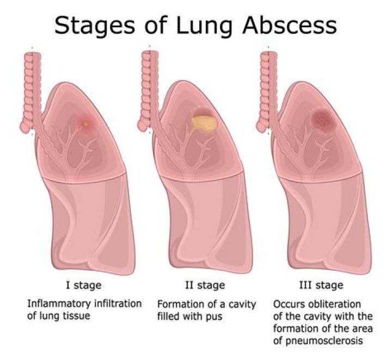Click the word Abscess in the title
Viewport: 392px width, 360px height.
pyautogui.click(x=290, y=26)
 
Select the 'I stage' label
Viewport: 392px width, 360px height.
pyautogui.click(x=84, y=285)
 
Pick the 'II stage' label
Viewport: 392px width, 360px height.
pyautogui.click(x=205, y=285)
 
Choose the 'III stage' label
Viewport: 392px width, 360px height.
pyautogui.click(x=321, y=285)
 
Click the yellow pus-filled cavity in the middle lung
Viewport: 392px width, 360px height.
pyautogui.click(x=205, y=124)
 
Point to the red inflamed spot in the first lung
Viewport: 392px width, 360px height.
pyautogui.click(x=86, y=123)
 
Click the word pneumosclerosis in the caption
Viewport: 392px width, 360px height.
pyautogui.click(x=318, y=340)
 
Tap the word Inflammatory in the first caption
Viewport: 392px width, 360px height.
pyautogui.click(x=59, y=304)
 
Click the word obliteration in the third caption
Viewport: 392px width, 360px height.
pyautogui.click(x=334, y=305)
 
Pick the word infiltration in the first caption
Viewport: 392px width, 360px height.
pyautogui.click(x=118, y=304)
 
